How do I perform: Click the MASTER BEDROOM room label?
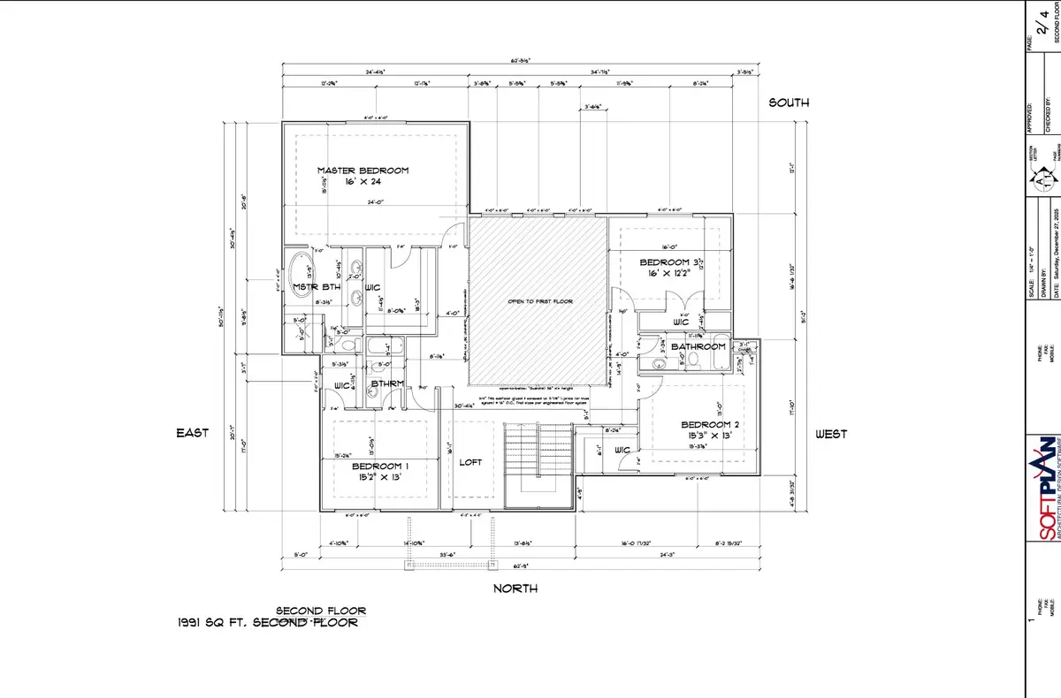[363, 171]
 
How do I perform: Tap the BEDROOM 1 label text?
[379, 466]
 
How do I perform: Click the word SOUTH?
[788, 103]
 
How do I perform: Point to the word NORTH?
[515, 588]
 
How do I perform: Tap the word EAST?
[192, 433]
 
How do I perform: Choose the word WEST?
[830, 434]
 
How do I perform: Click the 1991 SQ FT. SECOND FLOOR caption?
[268, 623]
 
